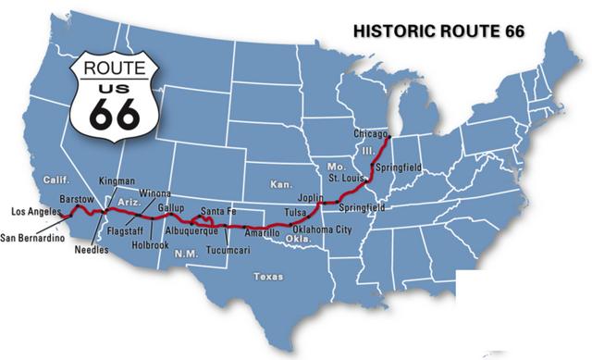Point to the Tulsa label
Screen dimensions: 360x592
coord(295,213)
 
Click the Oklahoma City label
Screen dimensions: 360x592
coord(322,229)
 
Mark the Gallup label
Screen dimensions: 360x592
coord(171,206)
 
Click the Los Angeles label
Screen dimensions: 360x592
coord(34,212)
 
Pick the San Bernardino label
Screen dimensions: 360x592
coord(32,238)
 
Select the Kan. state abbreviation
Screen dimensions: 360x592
coord(280,184)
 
